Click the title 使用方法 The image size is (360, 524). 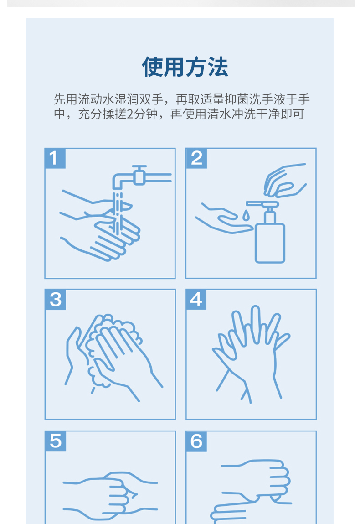(185, 67)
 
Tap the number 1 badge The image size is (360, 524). (55, 158)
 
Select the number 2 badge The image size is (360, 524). (196, 158)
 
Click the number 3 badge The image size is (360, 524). (55, 300)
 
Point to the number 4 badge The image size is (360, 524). (196, 300)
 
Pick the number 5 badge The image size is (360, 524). (55, 441)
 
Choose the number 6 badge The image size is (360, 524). (196, 441)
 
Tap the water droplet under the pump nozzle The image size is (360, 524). (246, 216)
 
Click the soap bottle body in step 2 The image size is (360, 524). (270, 243)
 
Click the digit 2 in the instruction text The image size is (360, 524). (130, 114)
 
